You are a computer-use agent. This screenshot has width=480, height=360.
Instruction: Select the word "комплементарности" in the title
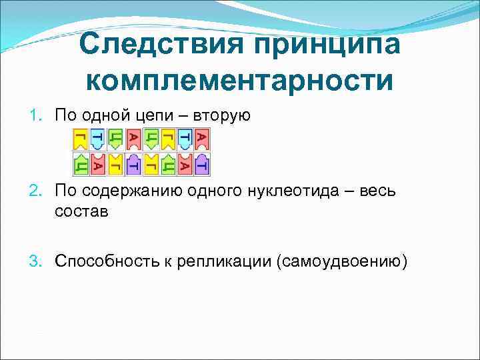tap(239, 80)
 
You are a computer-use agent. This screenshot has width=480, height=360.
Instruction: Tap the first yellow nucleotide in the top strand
tap(80, 139)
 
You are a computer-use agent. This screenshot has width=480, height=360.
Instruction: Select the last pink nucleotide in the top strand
tap(204, 139)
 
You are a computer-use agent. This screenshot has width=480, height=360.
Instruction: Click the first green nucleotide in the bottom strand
tap(80, 163)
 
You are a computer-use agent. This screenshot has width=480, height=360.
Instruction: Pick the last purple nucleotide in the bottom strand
tap(204, 163)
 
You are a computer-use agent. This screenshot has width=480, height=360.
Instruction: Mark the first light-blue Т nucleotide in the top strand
tap(98, 139)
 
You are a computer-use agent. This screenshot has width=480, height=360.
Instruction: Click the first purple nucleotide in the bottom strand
tap(133, 163)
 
